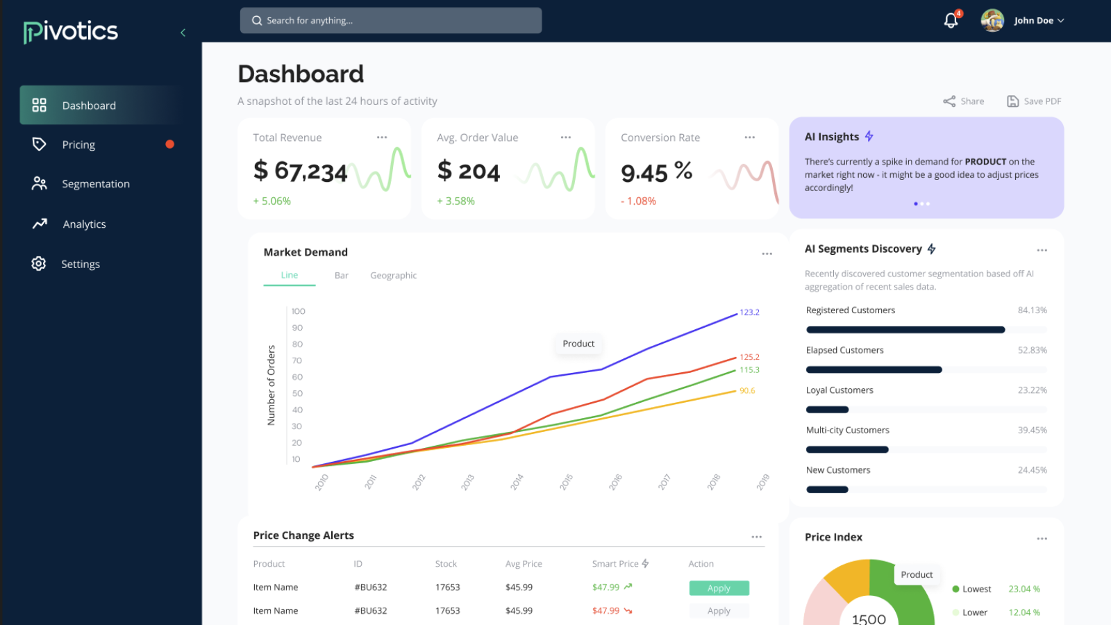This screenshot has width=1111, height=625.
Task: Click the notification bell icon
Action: pyautogui.click(x=951, y=21)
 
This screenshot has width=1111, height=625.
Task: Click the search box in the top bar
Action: pyautogui.click(x=391, y=21)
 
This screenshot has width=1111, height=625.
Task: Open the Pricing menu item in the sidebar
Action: pyautogui.click(x=78, y=144)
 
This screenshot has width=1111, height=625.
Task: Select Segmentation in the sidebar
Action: pyautogui.click(x=96, y=184)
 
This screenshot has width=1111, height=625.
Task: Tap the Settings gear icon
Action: pyautogui.click(x=39, y=264)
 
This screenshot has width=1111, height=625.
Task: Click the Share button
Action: pyautogui.click(x=964, y=101)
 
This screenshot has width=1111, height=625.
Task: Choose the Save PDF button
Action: pyautogui.click(x=1034, y=101)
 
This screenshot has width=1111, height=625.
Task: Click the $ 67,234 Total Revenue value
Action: pyautogui.click(x=300, y=171)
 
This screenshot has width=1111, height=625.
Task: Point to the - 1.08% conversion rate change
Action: pyautogui.click(x=638, y=201)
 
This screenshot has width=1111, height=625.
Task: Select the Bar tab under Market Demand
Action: pyautogui.click(x=341, y=276)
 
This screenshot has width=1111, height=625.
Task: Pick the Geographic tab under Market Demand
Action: pyautogui.click(x=393, y=276)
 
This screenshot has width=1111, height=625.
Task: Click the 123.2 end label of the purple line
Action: pyautogui.click(x=749, y=312)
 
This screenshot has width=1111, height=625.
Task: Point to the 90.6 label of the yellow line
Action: pyautogui.click(x=747, y=391)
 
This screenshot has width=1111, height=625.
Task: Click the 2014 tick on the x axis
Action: pyautogui.click(x=517, y=482)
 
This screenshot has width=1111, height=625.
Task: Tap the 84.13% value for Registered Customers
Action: pyautogui.click(x=1032, y=310)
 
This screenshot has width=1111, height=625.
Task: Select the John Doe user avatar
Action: pyautogui.click(x=992, y=21)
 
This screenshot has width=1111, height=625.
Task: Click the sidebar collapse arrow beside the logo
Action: pyautogui.click(x=183, y=33)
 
